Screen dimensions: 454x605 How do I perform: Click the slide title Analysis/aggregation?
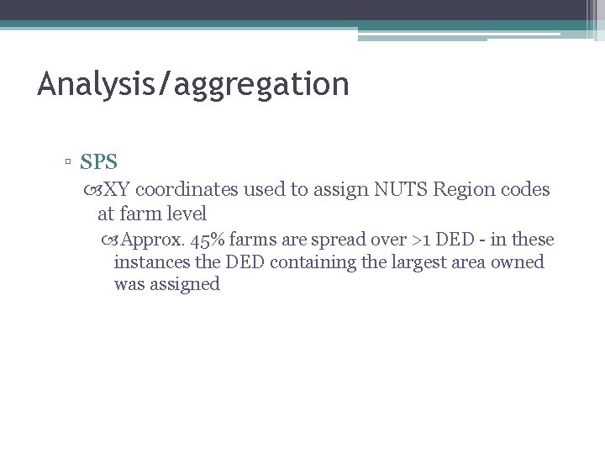click(192, 84)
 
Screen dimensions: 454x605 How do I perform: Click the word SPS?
click(99, 161)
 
